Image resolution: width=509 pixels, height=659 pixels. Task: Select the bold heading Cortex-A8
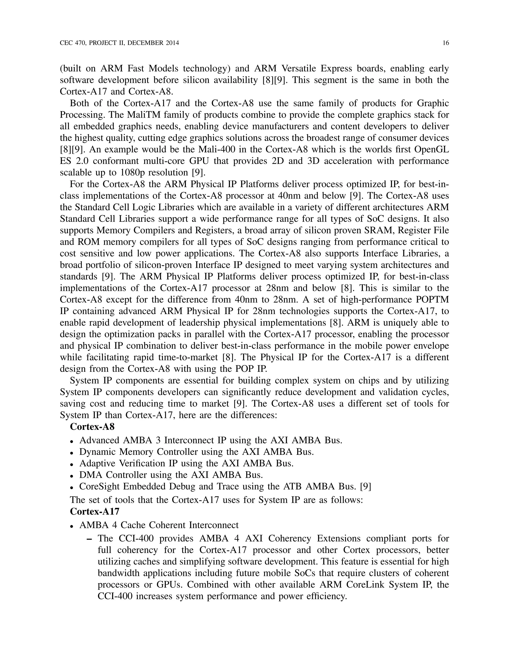[x=92, y=427]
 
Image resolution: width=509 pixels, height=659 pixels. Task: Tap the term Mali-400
[x=214, y=150]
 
